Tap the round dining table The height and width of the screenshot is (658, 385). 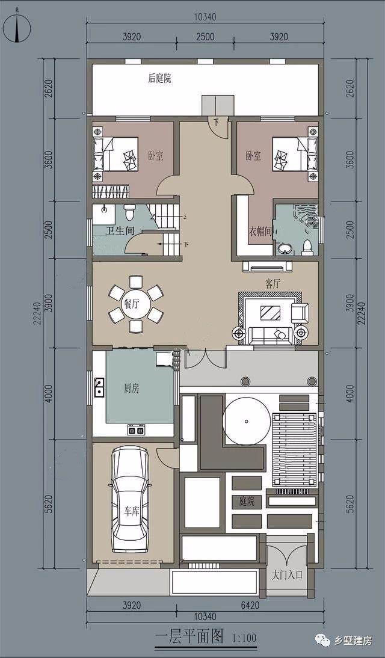click(131, 304)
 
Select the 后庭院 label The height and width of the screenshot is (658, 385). click(159, 78)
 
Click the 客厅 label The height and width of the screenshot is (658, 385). click(273, 284)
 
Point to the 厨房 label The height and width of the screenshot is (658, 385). click(131, 389)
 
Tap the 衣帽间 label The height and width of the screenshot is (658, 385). click(260, 231)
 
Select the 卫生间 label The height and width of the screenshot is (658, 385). click(116, 230)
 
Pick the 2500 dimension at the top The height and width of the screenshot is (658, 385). click(205, 37)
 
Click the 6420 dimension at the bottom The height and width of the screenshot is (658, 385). click(250, 605)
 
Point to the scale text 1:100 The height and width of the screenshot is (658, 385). click(244, 639)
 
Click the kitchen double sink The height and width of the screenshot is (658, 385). click(99, 387)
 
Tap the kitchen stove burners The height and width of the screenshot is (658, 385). click(136, 429)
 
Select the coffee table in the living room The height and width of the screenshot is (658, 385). click(270, 313)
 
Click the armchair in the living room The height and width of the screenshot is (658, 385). click(300, 313)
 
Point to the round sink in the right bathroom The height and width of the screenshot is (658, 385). click(286, 249)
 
